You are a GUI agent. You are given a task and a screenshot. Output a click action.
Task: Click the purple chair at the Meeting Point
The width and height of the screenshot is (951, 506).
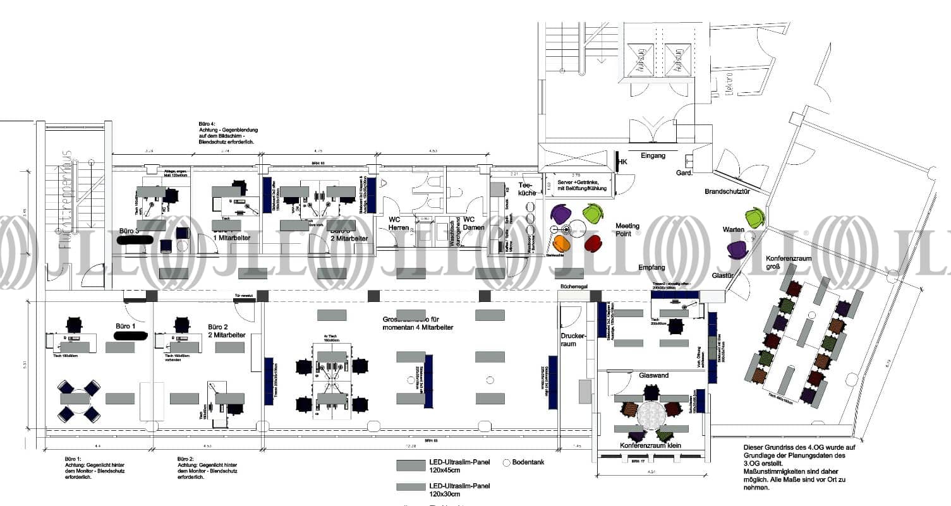click(x=559, y=214)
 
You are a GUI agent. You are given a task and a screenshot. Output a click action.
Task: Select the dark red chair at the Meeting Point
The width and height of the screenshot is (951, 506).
click(x=594, y=242)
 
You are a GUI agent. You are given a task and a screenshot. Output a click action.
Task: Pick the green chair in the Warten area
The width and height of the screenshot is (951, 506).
click(x=754, y=218)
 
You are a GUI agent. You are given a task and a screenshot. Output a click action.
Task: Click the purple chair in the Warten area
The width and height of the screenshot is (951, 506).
click(x=737, y=250)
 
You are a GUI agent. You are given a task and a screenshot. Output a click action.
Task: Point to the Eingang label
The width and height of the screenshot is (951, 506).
click(x=653, y=155)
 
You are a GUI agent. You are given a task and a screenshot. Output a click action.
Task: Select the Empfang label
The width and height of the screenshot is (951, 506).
click(x=651, y=268)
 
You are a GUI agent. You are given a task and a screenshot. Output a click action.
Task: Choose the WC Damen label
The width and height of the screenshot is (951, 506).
click(x=473, y=223)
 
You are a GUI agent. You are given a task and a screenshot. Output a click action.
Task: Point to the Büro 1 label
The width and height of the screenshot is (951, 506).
click(x=125, y=326)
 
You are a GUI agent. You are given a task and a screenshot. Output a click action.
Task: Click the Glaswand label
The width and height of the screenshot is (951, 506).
click(x=653, y=375)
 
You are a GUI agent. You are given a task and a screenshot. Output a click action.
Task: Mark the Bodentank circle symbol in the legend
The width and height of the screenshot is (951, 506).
click(x=506, y=462)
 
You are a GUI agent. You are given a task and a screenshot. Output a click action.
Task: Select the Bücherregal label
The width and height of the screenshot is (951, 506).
click(x=574, y=287)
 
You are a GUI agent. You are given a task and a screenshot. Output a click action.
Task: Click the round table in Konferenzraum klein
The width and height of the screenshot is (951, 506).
click(x=651, y=415)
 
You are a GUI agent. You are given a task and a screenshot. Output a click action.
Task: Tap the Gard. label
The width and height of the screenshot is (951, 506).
click(x=684, y=172)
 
